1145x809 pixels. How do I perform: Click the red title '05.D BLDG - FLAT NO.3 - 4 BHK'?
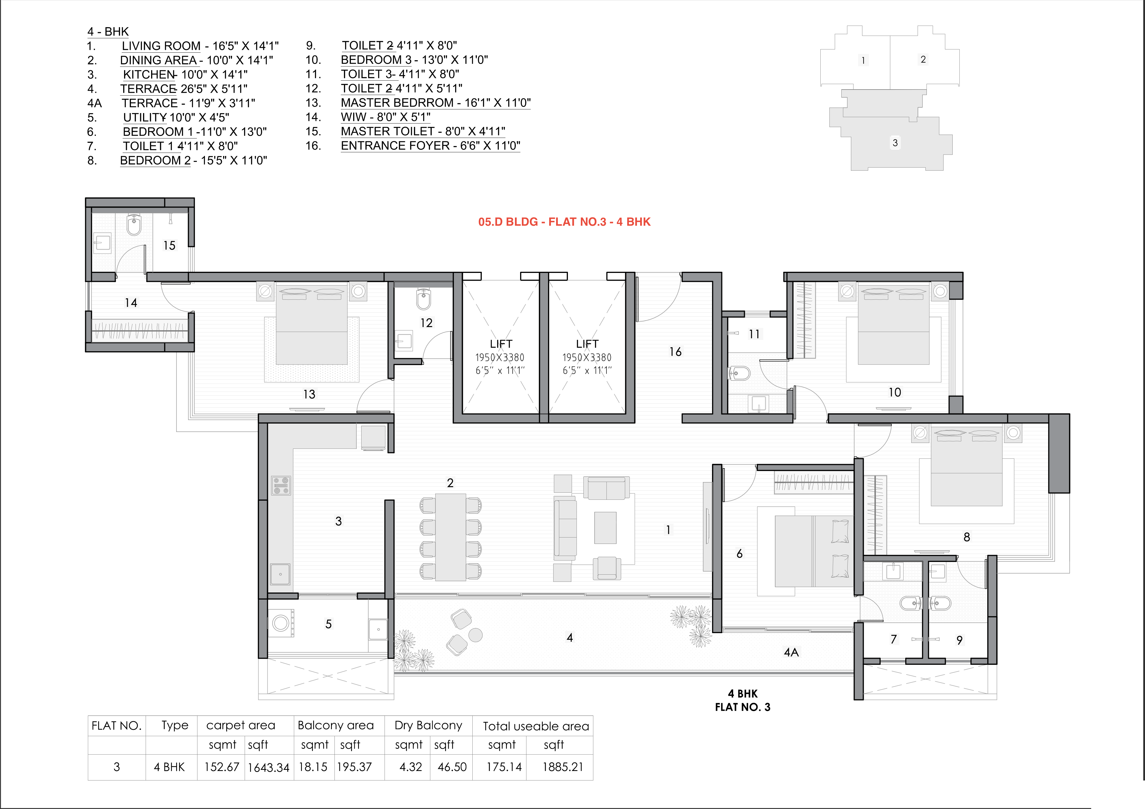click(564, 222)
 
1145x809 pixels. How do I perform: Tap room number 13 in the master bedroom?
click(309, 394)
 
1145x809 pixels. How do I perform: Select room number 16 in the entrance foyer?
click(675, 352)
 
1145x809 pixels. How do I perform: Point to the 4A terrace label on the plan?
click(791, 652)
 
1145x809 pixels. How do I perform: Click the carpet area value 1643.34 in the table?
click(268, 768)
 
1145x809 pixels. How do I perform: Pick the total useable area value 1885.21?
click(562, 767)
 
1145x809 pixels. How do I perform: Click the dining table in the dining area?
click(451, 537)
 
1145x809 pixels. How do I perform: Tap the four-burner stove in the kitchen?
click(281, 485)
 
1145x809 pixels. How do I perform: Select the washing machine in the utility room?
click(281, 623)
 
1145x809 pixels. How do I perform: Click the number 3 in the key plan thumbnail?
click(895, 143)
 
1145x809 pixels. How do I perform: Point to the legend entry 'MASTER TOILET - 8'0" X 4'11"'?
click(423, 132)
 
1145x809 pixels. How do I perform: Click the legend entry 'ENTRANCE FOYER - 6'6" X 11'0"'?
click(430, 146)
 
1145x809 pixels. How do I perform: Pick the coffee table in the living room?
click(605, 528)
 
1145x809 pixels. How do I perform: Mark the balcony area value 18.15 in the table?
click(313, 767)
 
